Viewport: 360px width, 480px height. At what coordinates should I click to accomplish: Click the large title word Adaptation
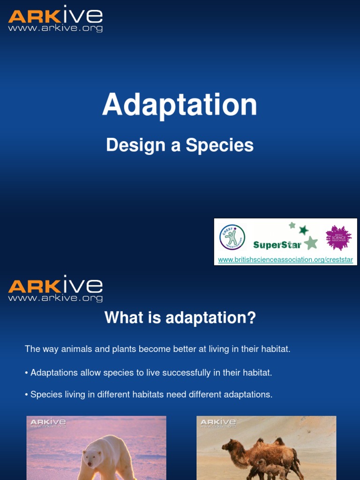pyautogui.click(x=180, y=105)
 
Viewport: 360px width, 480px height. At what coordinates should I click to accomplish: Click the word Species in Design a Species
pyautogui.click(x=219, y=145)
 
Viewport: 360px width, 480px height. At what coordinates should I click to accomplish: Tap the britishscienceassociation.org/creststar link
pyautogui.click(x=285, y=260)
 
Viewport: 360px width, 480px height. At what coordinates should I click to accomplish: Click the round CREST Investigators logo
pyautogui.click(x=232, y=237)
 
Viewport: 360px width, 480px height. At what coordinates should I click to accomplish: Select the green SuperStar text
pyautogui.click(x=277, y=245)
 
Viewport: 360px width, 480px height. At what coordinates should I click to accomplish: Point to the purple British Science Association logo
pyautogui.click(x=338, y=237)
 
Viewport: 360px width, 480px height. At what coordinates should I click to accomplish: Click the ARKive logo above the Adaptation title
pyautogui.click(x=55, y=19)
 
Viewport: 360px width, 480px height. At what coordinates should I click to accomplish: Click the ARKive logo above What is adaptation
pyautogui.click(x=55, y=289)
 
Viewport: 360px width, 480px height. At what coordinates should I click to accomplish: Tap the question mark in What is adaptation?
pyautogui.click(x=252, y=318)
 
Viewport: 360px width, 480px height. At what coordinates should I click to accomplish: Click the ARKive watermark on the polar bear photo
pyautogui.click(x=48, y=423)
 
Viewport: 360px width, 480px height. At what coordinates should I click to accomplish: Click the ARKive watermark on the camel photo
pyautogui.click(x=218, y=423)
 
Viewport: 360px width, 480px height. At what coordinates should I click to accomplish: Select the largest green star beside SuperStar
pyautogui.click(x=310, y=242)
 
